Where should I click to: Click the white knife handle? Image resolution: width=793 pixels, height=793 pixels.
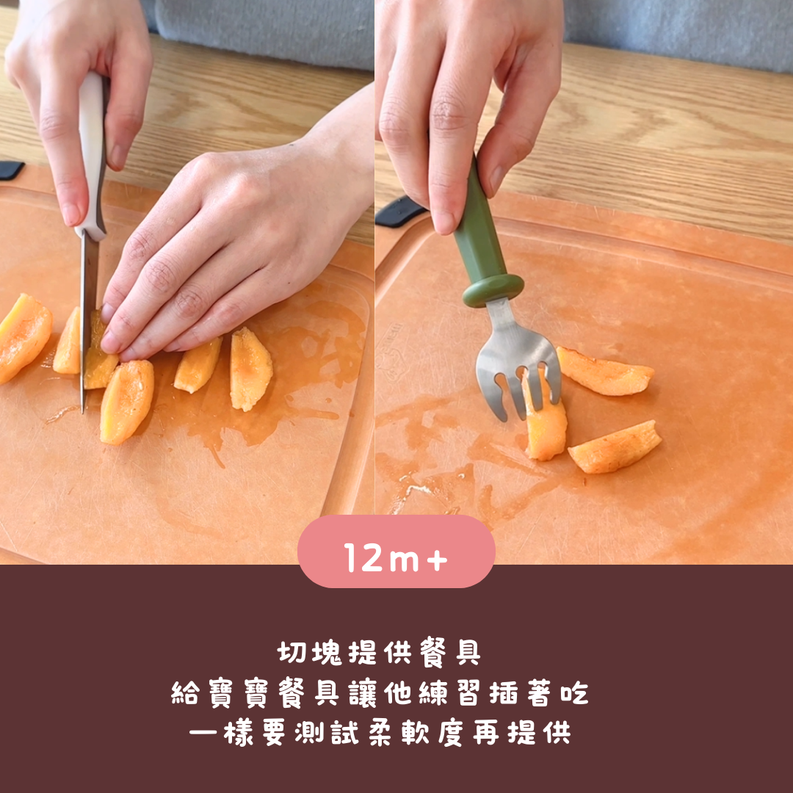coord(92,152)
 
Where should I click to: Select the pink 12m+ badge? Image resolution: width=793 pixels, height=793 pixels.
coord(396,551)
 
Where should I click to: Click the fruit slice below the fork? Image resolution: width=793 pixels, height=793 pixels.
coord(615,448)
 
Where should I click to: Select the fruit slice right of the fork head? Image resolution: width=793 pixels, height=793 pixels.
coord(604,372)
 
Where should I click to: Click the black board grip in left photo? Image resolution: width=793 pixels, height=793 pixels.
coord(11,170)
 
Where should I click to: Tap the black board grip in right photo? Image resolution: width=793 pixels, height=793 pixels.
coord(399,211)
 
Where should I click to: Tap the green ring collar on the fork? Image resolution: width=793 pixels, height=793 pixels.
coord(493,290)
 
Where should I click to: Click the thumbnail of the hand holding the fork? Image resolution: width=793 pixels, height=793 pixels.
coord(445,222)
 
